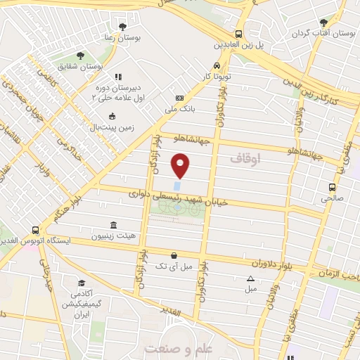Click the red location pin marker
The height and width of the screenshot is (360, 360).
point(181,165)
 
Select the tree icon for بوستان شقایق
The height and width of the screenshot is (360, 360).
point(79,54)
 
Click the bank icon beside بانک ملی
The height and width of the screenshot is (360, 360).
point(180,98)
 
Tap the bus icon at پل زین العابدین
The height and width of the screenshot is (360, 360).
point(239,33)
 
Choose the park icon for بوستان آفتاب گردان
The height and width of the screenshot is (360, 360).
point(323,22)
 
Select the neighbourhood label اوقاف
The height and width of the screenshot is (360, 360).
point(245,160)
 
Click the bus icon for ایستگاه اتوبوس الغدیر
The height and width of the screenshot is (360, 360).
point(35,230)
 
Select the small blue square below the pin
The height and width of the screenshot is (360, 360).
point(176,186)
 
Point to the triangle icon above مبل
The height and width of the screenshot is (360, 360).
point(251,278)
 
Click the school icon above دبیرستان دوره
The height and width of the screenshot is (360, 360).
point(117,76)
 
